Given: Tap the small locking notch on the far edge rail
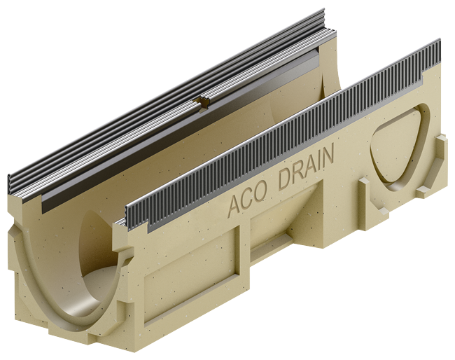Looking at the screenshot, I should click(203, 104).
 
